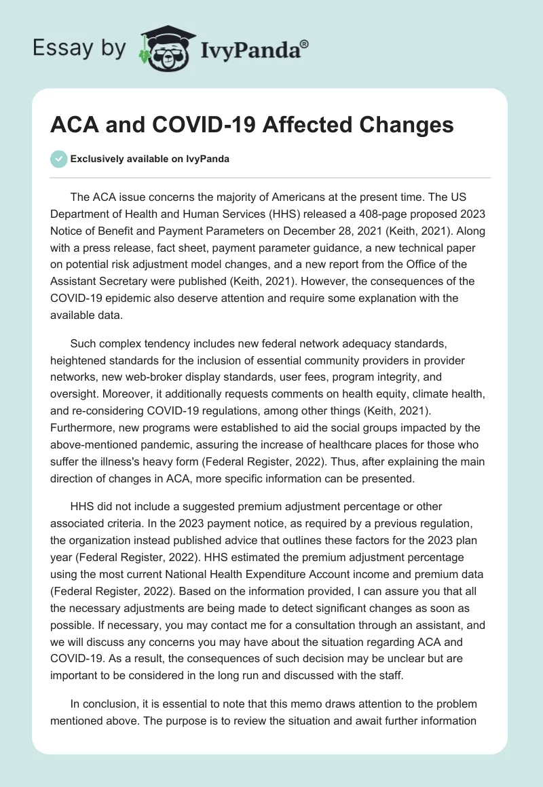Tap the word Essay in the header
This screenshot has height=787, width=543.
(60, 47)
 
